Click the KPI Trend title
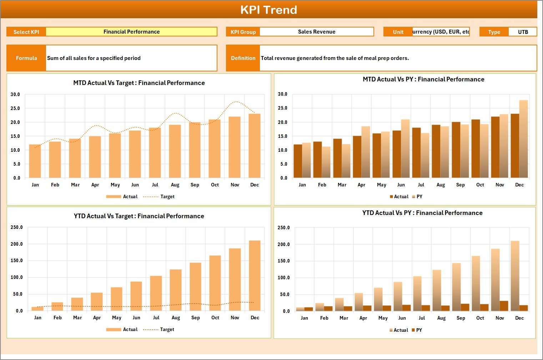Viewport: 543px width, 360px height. click(x=268, y=10)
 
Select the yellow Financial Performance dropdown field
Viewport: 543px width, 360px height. click(x=131, y=32)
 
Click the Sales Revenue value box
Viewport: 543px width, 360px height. click(x=317, y=32)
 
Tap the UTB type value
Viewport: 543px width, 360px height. click(x=523, y=32)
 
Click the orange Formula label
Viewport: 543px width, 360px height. click(x=26, y=58)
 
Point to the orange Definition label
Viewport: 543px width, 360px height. click(x=243, y=58)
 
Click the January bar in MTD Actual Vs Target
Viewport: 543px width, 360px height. click(x=35, y=161)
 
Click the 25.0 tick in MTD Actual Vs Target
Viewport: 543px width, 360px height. click(x=15, y=108)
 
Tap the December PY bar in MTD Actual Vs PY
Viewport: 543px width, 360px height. click(x=523, y=139)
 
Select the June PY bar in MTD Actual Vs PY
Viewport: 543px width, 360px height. click(x=405, y=149)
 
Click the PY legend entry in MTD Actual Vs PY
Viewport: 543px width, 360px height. click(x=417, y=197)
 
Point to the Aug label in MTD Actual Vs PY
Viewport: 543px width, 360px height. click(x=441, y=185)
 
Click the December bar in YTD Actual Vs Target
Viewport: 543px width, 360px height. click(x=255, y=276)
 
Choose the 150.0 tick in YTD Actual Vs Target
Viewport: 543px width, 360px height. click(x=16, y=261)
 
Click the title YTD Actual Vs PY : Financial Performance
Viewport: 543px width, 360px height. click(x=422, y=213)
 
